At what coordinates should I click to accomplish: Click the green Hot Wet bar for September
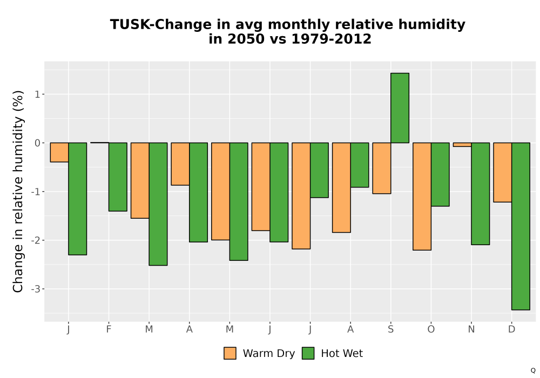click(x=400, y=108)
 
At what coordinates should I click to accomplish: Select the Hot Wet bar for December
click(x=521, y=226)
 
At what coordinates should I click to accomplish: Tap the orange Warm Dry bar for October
click(x=422, y=196)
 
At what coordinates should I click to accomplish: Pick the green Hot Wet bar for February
click(x=118, y=177)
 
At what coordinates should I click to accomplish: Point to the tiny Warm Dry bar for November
click(x=463, y=145)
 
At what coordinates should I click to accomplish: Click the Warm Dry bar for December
click(x=503, y=172)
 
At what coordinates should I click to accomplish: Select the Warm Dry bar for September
click(x=382, y=168)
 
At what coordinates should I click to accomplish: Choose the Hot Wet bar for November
click(x=481, y=193)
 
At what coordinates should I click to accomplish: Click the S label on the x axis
click(x=390, y=329)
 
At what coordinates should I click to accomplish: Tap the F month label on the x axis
click(x=109, y=329)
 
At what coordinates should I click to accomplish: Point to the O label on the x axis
click(x=431, y=329)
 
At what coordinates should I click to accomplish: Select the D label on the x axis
click(x=512, y=329)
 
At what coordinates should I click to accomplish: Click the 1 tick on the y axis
click(x=37, y=94)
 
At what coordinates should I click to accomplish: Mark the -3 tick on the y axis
click(x=36, y=289)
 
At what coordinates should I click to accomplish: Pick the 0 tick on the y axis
click(x=37, y=143)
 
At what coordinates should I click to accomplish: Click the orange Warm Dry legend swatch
click(x=230, y=353)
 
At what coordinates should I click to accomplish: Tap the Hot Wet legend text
click(x=342, y=353)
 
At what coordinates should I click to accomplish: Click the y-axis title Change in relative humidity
click(x=18, y=191)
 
